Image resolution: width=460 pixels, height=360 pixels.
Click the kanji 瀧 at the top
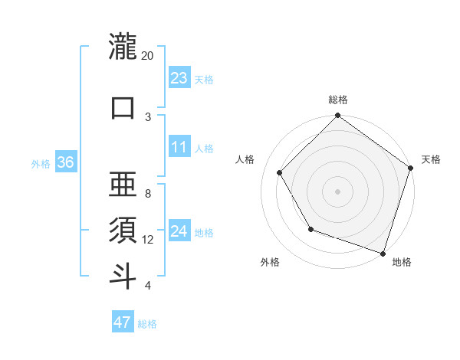[x=123, y=47]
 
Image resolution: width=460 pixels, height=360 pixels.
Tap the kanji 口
[x=123, y=108]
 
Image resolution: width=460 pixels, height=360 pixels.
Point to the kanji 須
[x=123, y=229]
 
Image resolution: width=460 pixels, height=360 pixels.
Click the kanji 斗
[x=123, y=275]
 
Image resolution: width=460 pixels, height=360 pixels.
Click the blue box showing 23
[x=179, y=77]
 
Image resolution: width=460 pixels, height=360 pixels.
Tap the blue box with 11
[x=179, y=147]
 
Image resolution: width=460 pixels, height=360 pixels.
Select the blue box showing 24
[x=179, y=231]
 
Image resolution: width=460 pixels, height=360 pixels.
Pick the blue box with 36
[x=65, y=162]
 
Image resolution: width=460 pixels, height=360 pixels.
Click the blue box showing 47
[x=123, y=322]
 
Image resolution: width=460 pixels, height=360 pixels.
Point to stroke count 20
[x=148, y=56]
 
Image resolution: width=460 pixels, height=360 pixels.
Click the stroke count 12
[x=148, y=239]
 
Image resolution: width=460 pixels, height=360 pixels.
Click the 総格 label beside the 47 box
[x=147, y=324]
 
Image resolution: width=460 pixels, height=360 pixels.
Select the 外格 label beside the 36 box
[x=41, y=163]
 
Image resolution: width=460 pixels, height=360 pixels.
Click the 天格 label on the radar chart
[x=431, y=159]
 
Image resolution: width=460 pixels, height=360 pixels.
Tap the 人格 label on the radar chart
[x=245, y=159]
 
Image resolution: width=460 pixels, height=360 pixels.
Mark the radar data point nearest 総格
[x=337, y=116]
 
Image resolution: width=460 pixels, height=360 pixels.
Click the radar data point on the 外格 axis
[x=310, y=229]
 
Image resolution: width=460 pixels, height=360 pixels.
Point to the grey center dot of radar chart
[x=337, y=191]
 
